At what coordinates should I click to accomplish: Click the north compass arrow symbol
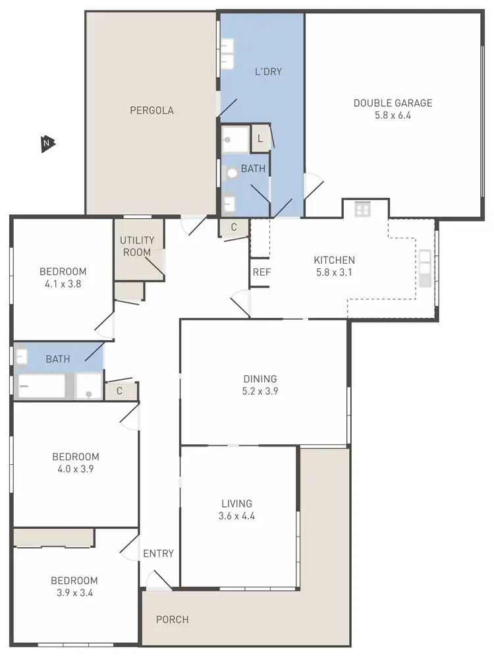tap(47, 142)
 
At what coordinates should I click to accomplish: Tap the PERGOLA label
tap(151, 110)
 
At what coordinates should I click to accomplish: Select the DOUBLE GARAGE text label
tap(393, 103)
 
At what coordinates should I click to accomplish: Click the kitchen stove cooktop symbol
tap(362, 209)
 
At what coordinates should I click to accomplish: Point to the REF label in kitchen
tap(261, 272)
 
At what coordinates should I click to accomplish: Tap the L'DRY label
tap(268, 71)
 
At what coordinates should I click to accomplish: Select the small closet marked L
tap(261, 138)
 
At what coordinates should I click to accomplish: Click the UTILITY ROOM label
tap(137, 246)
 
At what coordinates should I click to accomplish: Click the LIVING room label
tap(236, 504)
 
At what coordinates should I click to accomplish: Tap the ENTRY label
tap(158, 553)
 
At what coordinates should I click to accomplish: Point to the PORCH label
tap(172, 619)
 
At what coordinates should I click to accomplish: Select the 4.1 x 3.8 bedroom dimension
tap(63, 284)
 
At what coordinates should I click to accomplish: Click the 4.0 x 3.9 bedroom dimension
tap(76, 469)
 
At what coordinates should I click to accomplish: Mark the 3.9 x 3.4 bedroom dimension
tap(74, 593)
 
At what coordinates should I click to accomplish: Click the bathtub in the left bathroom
tap(41, 386)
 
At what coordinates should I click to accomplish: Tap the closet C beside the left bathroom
tap(120, 390)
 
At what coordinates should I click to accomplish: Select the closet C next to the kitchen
tap(234, 227)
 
